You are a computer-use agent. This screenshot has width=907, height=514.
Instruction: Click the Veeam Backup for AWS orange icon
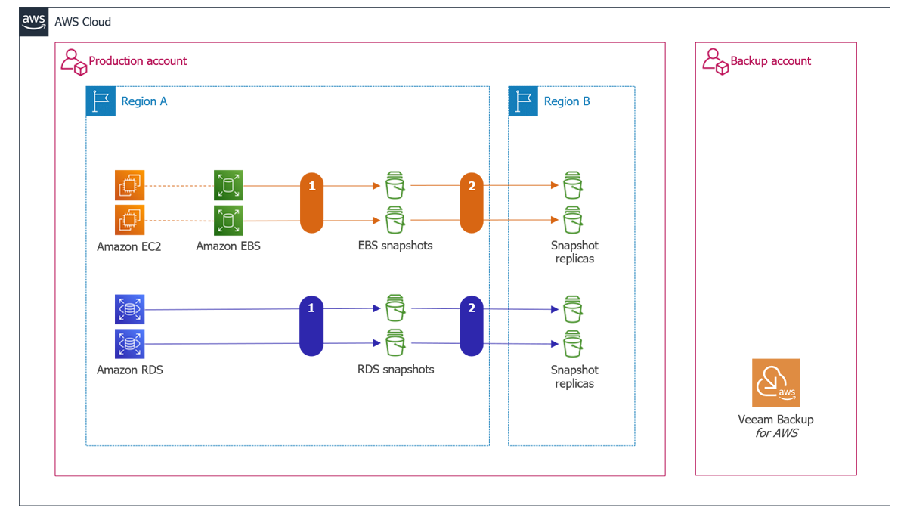(775, 382)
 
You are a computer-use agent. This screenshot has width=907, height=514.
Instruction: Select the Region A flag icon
(101, 101)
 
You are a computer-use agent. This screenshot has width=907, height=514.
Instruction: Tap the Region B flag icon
(523, 101)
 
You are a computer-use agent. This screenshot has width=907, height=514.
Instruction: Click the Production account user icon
(73, 61)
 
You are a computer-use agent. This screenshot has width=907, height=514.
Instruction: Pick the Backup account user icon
(715, 61)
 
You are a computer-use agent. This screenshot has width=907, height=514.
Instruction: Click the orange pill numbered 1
(311, 203)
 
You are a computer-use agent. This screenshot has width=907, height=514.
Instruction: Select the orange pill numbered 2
(472, 203)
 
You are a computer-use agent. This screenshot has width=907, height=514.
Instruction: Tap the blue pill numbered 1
(311, 326)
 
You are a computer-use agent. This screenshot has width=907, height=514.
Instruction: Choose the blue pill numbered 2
(472, 326)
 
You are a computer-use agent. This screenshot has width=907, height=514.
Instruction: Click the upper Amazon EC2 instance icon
(129, 185)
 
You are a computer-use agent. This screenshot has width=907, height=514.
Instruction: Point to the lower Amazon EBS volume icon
(228, 220)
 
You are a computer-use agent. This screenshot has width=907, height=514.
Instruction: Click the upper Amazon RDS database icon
(129, 308)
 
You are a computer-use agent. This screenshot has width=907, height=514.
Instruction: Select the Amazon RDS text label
(129, 370)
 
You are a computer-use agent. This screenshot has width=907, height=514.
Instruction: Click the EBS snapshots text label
(395, 245)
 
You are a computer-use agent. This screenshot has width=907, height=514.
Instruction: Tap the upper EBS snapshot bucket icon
(395, 185)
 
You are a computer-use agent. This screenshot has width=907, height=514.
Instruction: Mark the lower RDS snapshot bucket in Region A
(395, 343)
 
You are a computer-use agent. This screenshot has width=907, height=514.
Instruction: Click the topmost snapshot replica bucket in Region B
(573, 185)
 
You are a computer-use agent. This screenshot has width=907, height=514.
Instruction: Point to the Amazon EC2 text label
(129, 246)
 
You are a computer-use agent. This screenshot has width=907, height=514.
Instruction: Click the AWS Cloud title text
(82, 22)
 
